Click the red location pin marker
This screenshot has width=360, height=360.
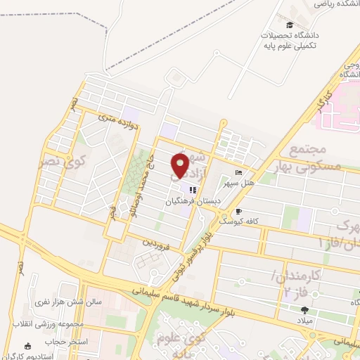coord(180,166)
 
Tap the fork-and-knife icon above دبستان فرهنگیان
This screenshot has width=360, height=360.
coord(192,191)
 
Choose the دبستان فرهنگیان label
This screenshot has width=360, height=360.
coord(193,201)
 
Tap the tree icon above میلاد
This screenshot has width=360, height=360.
coord(304,310)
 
